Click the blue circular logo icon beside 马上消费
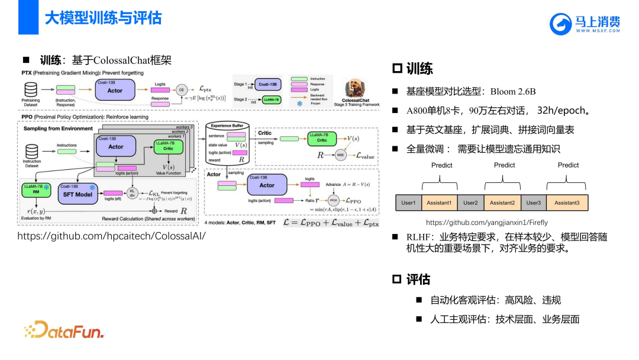tap(560, 24)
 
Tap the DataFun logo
tap(64, 330)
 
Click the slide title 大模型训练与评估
tap(103, 18)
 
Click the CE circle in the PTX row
tap(181, 89)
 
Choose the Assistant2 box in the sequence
tap(502, 202)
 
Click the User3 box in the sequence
tap(534, 202)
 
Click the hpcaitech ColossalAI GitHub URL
tap(111, 236)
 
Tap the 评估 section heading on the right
tap(418, 279)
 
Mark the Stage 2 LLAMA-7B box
tap(269, 100)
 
